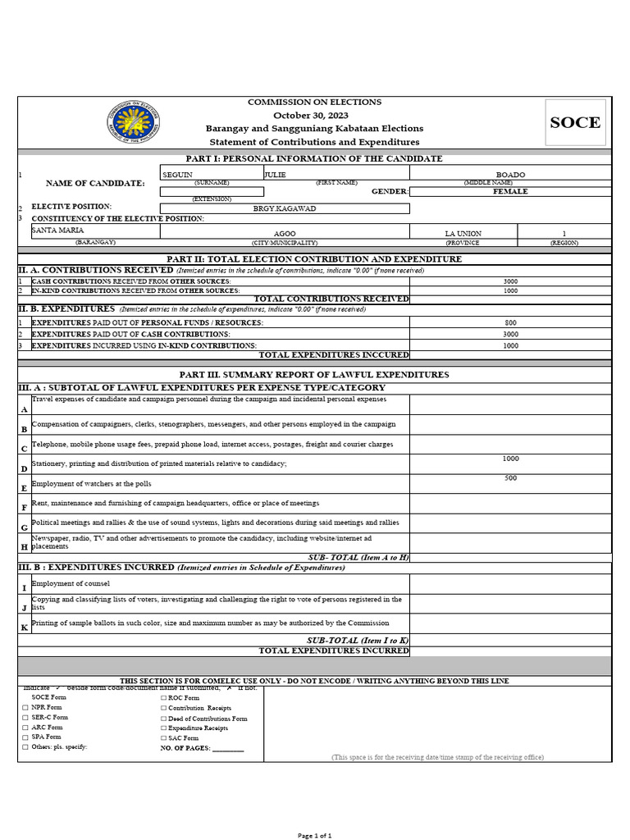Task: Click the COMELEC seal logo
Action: [134, 122]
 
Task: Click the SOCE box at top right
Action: [574, 123]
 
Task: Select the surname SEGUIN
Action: [178, 175]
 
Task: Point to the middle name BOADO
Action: [510, 175]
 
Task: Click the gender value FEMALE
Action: [510, 192]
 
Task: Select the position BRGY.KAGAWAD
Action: [285, 209]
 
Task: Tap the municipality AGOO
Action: [285, 234]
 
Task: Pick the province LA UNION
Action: [463, 234]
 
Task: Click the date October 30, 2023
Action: [314, 116]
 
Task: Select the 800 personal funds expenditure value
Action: [510, 323]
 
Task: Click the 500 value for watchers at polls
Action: [510, 478]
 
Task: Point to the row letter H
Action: [24, 547]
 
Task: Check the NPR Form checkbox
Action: [25, 707]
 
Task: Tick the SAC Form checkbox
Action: [163, 738]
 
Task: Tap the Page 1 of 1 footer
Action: [314, 835]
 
